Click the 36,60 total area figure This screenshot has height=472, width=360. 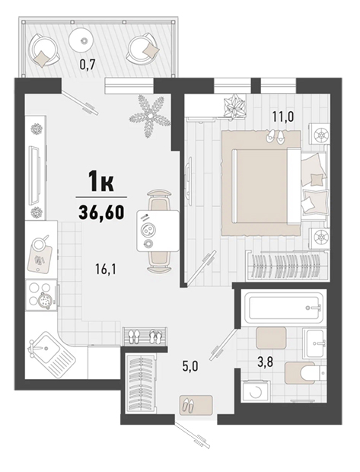pos(101,212)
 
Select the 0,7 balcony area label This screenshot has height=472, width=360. pos(88,65)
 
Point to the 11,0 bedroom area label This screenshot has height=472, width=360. pos(283,116)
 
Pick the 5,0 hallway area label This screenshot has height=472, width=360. pos(191,367)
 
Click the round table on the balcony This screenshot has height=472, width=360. pos(83,40)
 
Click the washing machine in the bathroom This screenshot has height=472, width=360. pos(256,391)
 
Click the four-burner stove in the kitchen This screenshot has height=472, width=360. pos(42,295)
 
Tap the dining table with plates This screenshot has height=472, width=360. pos(158,231)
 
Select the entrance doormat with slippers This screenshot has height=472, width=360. pos(196,405)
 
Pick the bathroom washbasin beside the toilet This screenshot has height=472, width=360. pos(314,343)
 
